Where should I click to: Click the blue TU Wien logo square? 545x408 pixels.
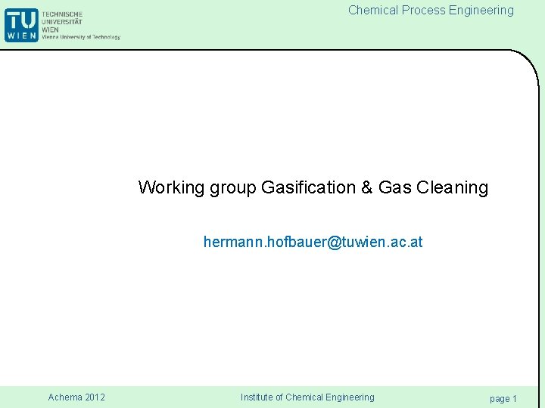pos(21,24)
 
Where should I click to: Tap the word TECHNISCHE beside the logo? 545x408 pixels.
pos(63,14)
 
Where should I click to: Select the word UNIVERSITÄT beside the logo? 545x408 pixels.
pos(63,22)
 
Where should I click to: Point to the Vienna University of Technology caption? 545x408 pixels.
pos(81,37)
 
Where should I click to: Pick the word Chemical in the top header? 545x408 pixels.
pos(373,11)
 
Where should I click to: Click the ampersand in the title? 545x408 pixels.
pos(367,187)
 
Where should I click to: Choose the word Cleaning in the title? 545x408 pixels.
pos(453,187)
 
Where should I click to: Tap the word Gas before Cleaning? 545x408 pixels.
pos(395,187)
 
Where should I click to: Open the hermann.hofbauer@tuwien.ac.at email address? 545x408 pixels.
pos(313,243)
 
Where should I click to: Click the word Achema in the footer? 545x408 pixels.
pos(65,397)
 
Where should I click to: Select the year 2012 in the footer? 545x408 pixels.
pos(95,397)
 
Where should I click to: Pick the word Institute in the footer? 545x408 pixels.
pos(257,397)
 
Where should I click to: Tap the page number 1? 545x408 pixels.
pos(515,398)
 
